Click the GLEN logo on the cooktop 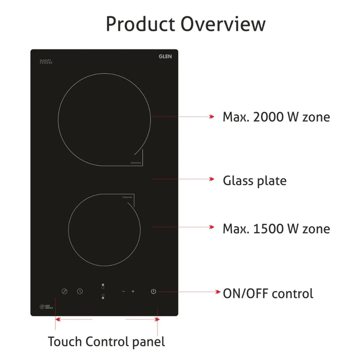[x=165, y=57]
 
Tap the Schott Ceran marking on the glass [x=46, y=62]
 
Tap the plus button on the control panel [x=133, y=291]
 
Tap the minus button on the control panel [x=123, y=291]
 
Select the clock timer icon [x=80, y=291]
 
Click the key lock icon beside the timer [x=64, y=291]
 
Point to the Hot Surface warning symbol [x=43, y=306]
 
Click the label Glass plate [x=254, y=180]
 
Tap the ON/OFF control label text [x=268, y=293]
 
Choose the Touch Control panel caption [x=107, y=341]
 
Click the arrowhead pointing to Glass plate [x=213, y=179]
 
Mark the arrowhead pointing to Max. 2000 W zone [x=213, y=117]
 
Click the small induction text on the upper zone [x=136, y=163]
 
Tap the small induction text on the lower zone [x=127, y=197]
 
